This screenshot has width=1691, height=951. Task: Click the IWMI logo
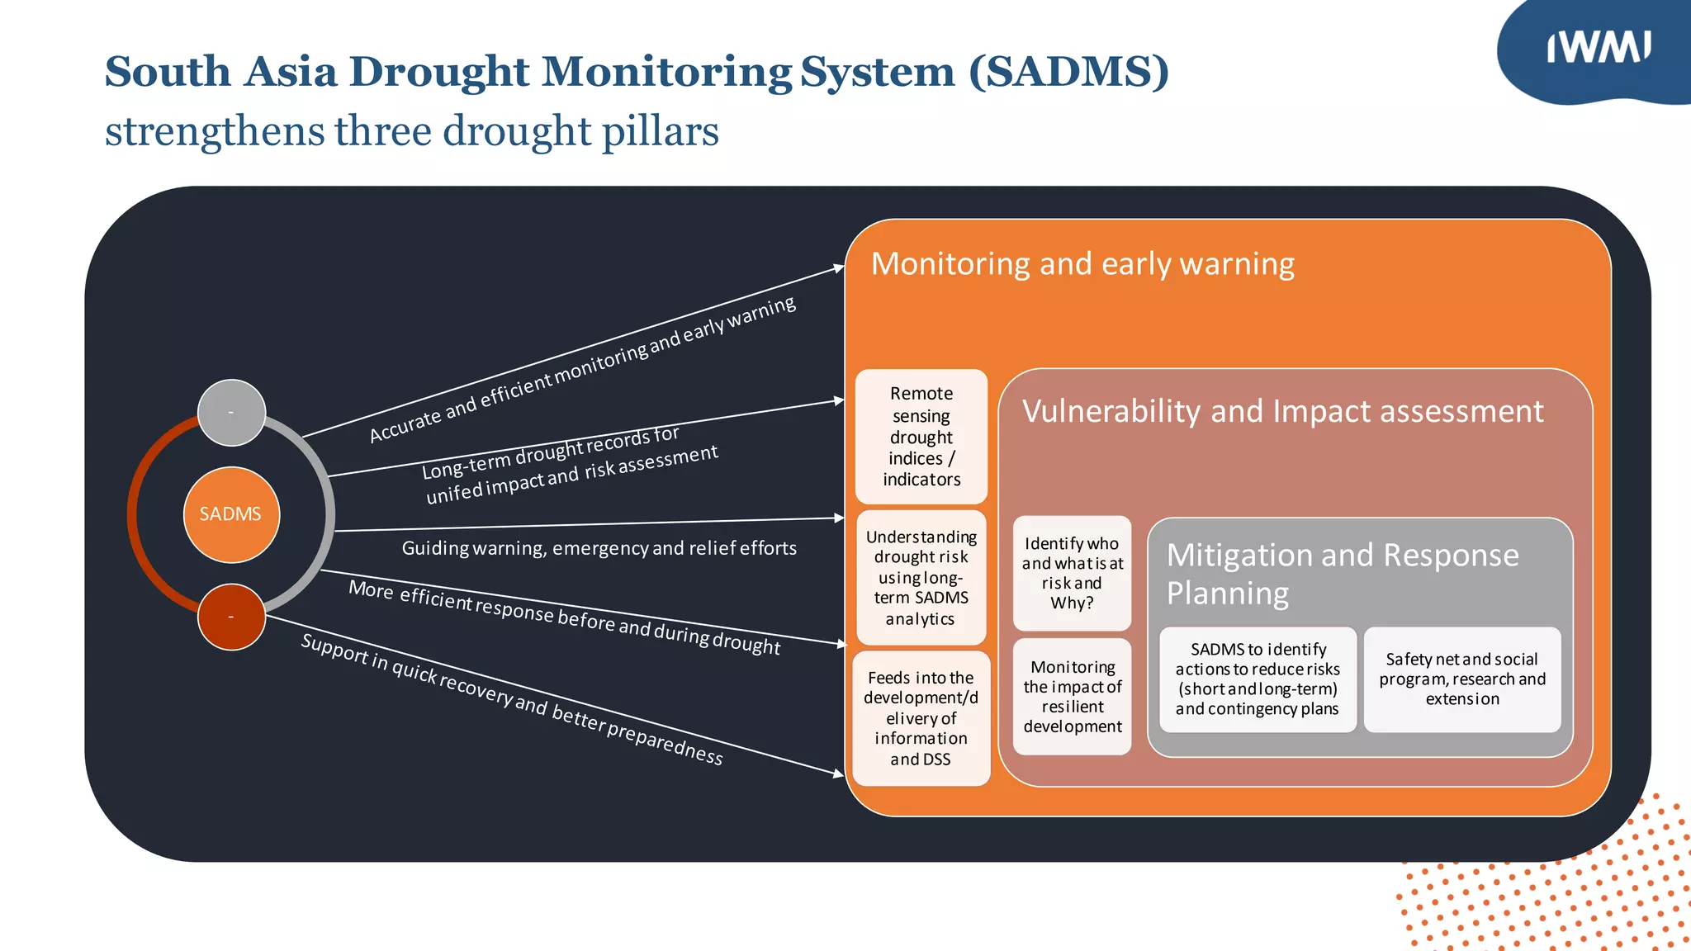[x=1598, y=48]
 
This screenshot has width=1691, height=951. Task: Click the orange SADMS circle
[x=231, y=514]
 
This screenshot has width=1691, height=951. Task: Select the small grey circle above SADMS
[x=231, y=412]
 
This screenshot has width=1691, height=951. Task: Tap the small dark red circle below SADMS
[x=231, y=617]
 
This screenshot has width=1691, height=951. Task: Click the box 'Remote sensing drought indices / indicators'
[x=921, y=437]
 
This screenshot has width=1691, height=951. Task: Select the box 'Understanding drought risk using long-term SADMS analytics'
[x=921, y=577]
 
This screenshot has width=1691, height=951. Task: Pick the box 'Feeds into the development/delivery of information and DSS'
[x=921, y=718]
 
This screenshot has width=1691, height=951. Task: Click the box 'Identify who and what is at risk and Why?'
[x=1072, y=573]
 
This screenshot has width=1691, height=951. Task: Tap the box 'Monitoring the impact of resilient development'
[x=1072, y=696]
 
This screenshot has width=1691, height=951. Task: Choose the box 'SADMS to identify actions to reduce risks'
[x=1257, y=679]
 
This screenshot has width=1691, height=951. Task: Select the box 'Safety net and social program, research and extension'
[x=1461, y=679]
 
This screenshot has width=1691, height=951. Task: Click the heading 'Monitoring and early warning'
[x=1082, y=264]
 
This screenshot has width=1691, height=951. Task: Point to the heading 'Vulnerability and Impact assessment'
[x=1282, y=411]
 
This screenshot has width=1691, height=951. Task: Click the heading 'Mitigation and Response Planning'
[x=1342, y=574]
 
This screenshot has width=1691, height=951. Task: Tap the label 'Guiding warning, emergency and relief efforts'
[x=599, y=548]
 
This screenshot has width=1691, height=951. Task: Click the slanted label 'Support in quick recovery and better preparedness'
[x=512, y=698]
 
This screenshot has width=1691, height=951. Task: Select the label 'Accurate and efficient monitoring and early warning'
[x=582, y=369]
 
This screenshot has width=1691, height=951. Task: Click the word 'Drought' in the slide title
[x=445, y=72]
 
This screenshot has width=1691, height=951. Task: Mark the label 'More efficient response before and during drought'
[x=564, y=617]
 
